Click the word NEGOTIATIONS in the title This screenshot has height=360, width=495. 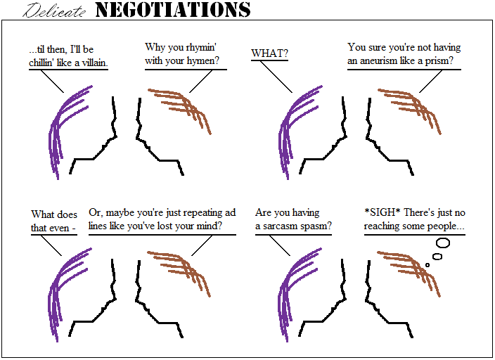[172, 10]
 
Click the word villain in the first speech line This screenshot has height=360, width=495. [101, 64]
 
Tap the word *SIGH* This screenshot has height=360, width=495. [382, 213]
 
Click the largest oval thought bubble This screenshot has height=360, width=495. [442, 243]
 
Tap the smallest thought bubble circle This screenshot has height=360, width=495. [427, 265]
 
